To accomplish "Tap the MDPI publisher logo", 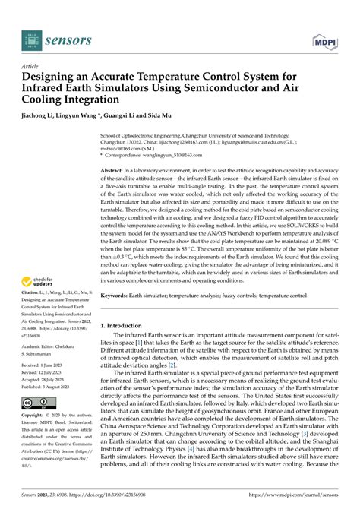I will tap(324, 41).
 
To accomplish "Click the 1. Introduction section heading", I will tap(126, 346).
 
